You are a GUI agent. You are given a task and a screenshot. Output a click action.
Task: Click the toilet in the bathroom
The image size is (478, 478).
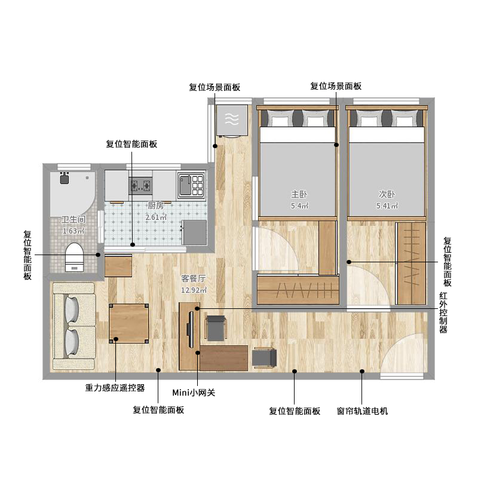pos(74,257)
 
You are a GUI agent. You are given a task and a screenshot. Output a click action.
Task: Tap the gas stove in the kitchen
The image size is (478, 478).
pos(140,185)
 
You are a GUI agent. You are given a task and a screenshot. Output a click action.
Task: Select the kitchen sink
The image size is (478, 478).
pos(191,184)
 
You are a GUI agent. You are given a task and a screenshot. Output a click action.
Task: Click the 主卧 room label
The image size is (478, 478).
pos(299,194)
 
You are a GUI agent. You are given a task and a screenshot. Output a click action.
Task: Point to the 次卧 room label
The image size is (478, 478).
pos(387,194)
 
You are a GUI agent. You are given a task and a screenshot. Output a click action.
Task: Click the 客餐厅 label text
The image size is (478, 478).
pos(193,278)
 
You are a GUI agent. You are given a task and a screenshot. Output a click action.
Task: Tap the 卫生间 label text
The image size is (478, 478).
pos(73,219)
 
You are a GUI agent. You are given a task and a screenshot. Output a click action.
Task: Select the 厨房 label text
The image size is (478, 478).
pos(156,206)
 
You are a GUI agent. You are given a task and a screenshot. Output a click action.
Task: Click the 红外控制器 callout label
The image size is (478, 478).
pos(443,312)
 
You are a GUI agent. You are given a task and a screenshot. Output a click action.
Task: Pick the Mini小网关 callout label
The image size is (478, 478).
pos(194,393)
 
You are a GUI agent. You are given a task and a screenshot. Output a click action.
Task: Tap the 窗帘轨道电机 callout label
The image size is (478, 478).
pos(362,411)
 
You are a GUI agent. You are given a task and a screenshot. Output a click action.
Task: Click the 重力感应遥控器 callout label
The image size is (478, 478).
pos(115,388)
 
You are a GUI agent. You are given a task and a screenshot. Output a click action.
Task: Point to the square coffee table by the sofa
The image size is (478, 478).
pos(129,323)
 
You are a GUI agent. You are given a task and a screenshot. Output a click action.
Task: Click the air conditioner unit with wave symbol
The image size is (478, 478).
pos(232,120)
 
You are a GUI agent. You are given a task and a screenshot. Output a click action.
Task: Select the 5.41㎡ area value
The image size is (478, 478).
pos(387,206)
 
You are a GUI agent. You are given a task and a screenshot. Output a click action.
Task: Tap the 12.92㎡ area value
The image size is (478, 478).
pos(194,290)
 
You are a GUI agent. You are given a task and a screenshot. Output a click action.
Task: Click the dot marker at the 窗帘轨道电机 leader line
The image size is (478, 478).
pos(362,371)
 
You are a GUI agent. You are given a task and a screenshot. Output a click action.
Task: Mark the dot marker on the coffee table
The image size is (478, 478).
pos(116,339)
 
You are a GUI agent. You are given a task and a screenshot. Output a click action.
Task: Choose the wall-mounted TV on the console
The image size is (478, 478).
pos(191,330)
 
